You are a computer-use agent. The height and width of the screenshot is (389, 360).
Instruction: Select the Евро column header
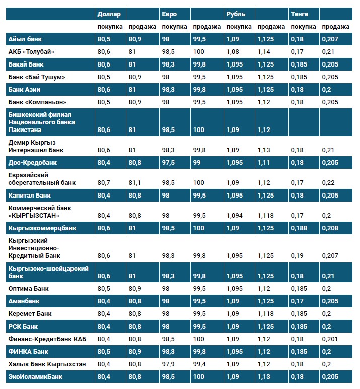169,14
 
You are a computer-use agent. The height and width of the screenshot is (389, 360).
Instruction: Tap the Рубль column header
236,14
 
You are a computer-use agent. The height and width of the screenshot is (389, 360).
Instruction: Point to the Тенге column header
299,14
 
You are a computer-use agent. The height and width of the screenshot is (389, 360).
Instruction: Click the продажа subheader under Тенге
335,27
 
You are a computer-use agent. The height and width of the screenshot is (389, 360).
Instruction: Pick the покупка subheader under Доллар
110,27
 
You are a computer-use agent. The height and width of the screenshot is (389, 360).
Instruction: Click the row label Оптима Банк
29,289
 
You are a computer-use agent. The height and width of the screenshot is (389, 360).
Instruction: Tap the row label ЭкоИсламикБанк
33,376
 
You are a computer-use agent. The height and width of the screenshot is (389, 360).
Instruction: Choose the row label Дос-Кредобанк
33,163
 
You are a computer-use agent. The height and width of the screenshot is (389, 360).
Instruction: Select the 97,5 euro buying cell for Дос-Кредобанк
168,163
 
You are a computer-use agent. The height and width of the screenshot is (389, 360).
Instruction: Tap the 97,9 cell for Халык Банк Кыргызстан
168,363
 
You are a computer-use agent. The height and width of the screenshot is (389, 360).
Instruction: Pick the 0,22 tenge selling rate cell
328,182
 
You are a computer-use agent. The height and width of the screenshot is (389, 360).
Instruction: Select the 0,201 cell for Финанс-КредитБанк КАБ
330,339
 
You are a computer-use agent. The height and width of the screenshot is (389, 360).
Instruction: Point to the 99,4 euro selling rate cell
199,363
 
